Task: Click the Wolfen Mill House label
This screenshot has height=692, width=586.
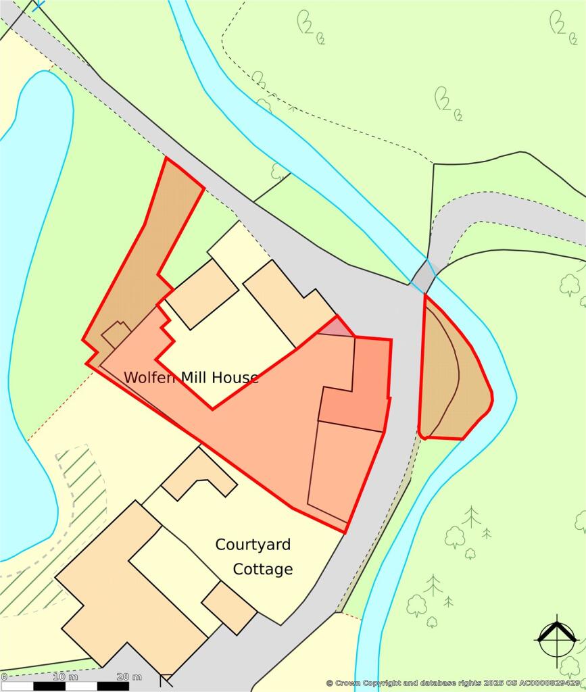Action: (191, 377)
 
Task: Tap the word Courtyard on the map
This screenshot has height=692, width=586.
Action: (254, 545)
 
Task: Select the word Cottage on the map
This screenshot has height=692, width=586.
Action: (263, 570)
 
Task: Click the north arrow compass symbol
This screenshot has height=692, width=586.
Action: (556, 637)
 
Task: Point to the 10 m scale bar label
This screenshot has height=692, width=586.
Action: (64, 676)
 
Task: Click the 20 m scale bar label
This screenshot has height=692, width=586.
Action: (128, 676)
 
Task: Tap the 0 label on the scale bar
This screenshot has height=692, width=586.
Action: (4, 676)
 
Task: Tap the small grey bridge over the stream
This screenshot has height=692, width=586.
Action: (423, 276)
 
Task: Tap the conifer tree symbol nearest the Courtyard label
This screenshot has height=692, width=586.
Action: (471, 517)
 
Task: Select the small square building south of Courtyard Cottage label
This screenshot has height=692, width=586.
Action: (228, 607)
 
